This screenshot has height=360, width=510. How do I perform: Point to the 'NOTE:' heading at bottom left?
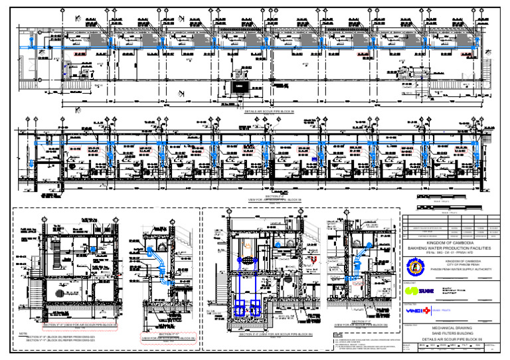(x=24, y=333)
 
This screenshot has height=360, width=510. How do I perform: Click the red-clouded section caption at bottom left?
(x=80, y=325)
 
